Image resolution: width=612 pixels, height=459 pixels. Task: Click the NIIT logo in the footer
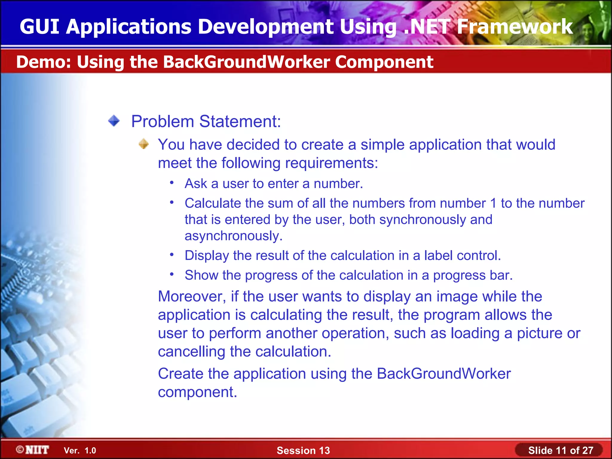pyautogui.click(x=33, y=450)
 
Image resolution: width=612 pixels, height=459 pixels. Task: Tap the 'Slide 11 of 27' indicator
pyautogui.click(x=560, y=450)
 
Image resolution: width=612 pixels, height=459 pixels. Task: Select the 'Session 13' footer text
pyautogui.click(x=303, y=450)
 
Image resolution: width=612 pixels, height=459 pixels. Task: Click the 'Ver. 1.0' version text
pyautogui.click(x=80, y=450)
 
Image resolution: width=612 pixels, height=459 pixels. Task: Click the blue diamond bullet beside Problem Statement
pyautogui.click(x=114, y=121)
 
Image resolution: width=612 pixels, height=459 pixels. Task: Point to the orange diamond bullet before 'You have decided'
pyautogui.click(x=144, y=144)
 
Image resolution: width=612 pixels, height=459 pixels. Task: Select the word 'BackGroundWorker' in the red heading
pyautogui.click(x=246, y=62)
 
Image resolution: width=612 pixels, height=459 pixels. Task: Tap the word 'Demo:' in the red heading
pyautogui.click(x=44, y=62)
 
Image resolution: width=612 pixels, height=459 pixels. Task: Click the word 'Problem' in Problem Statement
pyautogui.click(x=163, y=122)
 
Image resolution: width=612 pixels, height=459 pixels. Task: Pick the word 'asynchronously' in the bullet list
pyautogui.click(x=233, y=236)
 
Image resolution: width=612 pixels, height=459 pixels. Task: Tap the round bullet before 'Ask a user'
pyautogui.click(x=172, y=183)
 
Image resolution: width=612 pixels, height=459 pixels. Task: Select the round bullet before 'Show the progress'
pyautogui.click(x=172, y=274)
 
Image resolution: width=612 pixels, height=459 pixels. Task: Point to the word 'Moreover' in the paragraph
pyautogui.click(x=192, y=296)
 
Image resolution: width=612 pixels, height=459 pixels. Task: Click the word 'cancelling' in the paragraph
pyautogui.click(x=191, y=352)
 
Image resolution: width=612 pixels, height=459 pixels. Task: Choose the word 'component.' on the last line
pyautogui.click(x=197, y=392)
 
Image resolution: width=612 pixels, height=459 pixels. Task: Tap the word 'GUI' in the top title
pyautogui.click(x=39, y=27)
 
